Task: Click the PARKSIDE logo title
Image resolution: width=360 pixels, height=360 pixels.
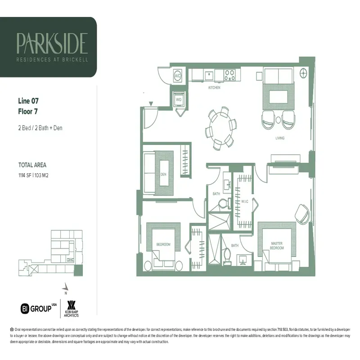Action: pos(52,43)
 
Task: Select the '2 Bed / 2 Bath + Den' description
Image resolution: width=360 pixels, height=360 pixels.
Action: pos(40,128)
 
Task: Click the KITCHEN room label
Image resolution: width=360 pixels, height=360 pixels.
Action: pos(214,88)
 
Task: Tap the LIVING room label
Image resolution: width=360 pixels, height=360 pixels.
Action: pos(280,138)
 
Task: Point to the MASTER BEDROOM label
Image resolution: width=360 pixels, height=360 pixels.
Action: pos(276,246)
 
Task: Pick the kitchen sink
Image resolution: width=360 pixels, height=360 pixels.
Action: pos(209,74)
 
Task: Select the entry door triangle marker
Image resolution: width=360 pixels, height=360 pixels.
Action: pos(151,104)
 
